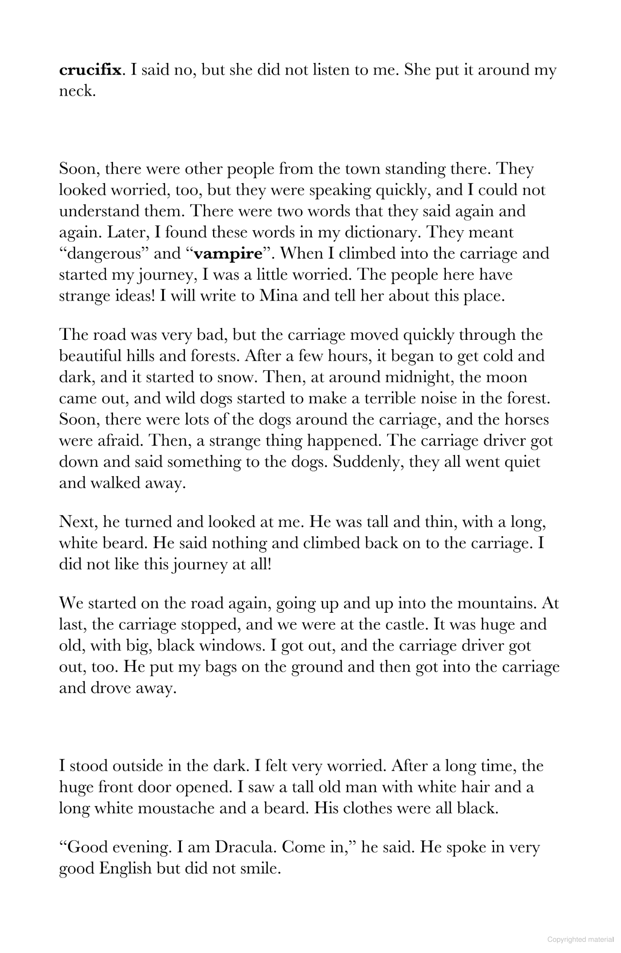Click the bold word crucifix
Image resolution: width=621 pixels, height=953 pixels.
90,70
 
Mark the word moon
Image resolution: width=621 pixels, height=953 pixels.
507,377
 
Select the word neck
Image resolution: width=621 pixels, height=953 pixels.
76,91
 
